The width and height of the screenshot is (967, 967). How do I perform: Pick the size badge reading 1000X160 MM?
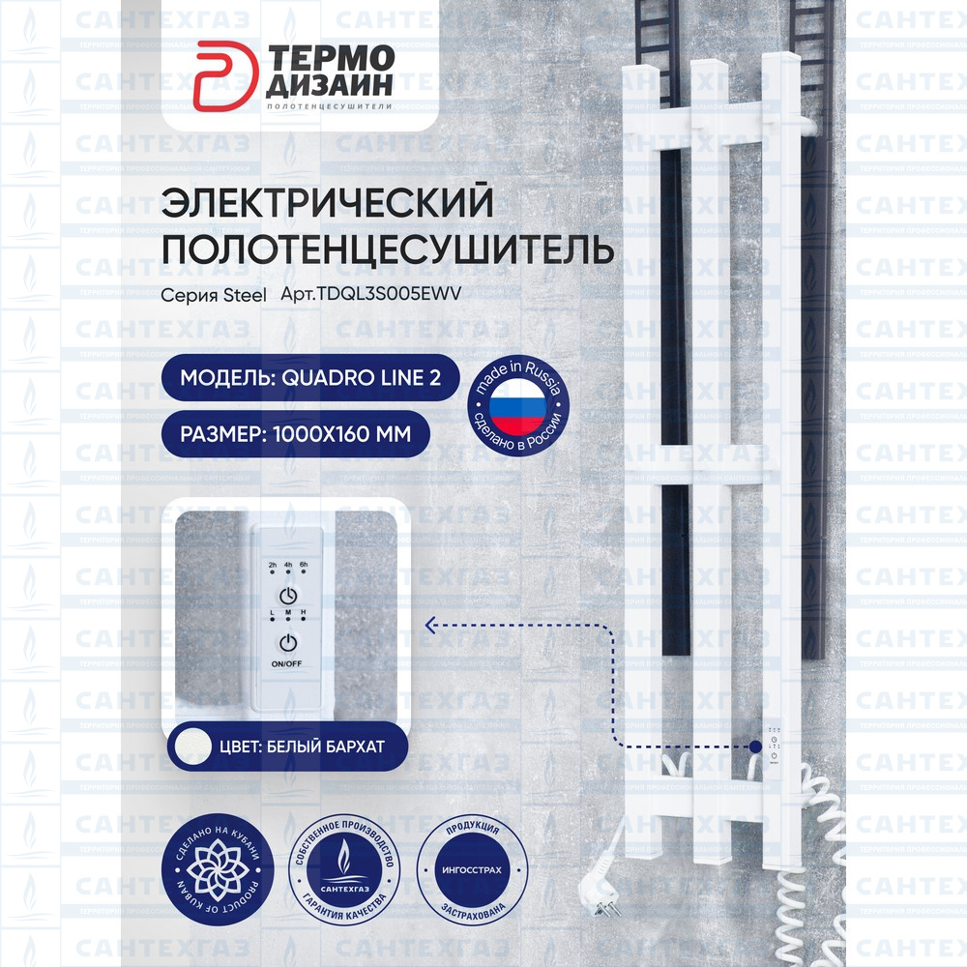[295, 434]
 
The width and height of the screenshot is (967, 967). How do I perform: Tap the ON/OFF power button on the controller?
[287, 644]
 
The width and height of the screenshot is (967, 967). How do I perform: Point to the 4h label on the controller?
[288, 564]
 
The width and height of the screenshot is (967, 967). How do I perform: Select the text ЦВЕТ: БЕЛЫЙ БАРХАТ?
[302, 747]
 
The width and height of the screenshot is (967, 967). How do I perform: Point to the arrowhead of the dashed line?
[430, 626]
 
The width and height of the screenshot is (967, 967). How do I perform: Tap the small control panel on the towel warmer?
[776, 746]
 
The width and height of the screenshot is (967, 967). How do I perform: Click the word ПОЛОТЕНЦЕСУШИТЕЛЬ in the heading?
[387, 249]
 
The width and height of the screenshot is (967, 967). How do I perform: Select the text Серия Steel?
[213, 297]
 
